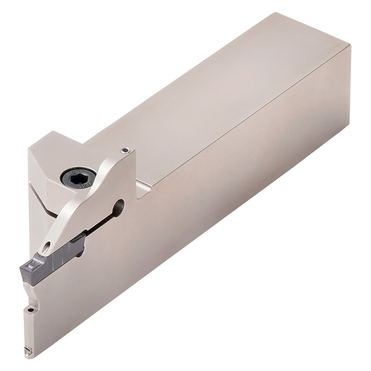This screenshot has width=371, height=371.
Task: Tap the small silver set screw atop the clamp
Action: (x=125, y=150)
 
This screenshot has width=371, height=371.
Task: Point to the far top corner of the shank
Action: (x=276, y=13)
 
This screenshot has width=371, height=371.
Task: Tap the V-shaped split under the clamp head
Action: (x=43, y=200)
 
